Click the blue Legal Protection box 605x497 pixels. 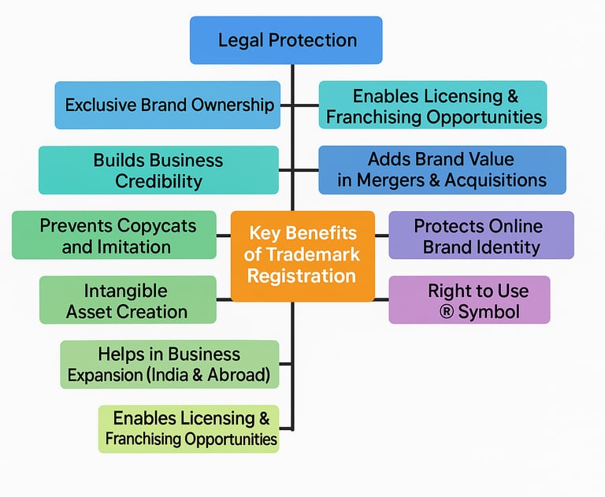pos(286,40)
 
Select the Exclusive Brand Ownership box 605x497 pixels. pos(167,105)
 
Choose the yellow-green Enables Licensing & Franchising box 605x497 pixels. pos(189,428)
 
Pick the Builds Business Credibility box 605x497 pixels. pos(158,170)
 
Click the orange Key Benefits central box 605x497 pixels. pos(302,255)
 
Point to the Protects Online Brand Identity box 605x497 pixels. pos(481,236)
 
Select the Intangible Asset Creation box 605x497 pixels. pos(127,300)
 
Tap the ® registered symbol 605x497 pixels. pos(447,312)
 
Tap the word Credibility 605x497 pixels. pos(158,180)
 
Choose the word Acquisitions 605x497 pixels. pos(496,180)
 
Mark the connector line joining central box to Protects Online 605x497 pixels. pos(382,236)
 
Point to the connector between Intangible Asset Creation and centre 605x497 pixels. pos(223,299)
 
